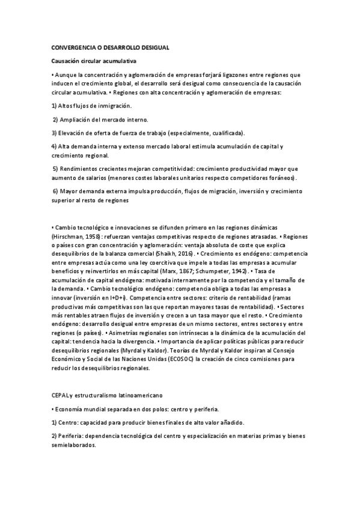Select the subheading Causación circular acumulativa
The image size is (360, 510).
tap(94, 61)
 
